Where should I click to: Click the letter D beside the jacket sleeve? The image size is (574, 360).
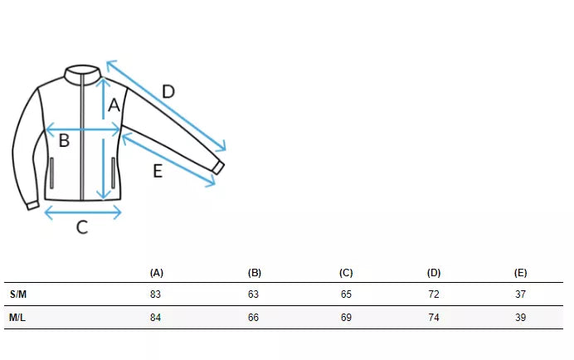(168, 91)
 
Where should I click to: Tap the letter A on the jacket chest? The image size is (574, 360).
(114, 105)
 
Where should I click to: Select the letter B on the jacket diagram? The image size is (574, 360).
(64, 140)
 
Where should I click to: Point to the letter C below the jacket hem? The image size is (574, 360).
(82, 227)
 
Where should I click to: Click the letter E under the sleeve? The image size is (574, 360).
(158, 171)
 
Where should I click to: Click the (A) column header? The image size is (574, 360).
(156, 273)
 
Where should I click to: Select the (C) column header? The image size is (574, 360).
(346, 273)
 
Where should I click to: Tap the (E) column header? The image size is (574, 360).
(520, 273)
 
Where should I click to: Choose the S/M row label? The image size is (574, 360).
(18, 294)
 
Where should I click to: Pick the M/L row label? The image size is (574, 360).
(17, 317)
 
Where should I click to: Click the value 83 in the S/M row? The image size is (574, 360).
(155, 294)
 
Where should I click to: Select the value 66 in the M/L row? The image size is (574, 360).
(253, 317)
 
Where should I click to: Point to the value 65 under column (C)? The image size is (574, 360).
(346, 294)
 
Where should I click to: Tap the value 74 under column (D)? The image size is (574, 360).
(434, 317)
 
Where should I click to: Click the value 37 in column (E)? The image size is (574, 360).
(520, 294)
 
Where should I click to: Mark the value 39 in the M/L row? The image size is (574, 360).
(520, 317)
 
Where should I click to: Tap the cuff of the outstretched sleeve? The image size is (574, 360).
(218, 168)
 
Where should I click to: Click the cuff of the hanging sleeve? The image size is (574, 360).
(33, 206)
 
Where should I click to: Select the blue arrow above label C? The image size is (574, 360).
(83, 212)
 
